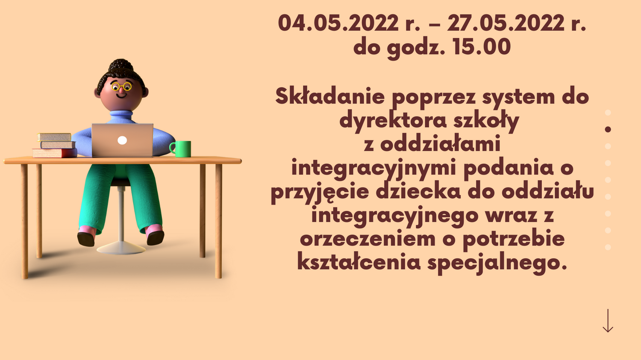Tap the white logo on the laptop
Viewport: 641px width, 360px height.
[122, 140]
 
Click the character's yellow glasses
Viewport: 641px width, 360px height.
[121, 87]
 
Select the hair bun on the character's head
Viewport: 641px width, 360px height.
[121, 65]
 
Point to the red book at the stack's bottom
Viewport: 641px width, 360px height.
[55, 153]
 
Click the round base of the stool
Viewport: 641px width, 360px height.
[121, 248]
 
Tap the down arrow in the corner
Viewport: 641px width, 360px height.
[608, 321]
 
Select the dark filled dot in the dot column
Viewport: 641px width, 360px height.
[608, 129]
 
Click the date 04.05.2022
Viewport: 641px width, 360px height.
[338, 23]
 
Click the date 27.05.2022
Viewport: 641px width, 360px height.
[506, 23]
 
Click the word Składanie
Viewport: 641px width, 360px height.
[330, 97]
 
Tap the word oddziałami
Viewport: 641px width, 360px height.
[440, 144]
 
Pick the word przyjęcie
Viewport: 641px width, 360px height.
[320, 192]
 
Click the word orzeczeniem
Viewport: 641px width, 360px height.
[368, 239]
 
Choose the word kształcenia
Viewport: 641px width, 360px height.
[359, 262]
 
